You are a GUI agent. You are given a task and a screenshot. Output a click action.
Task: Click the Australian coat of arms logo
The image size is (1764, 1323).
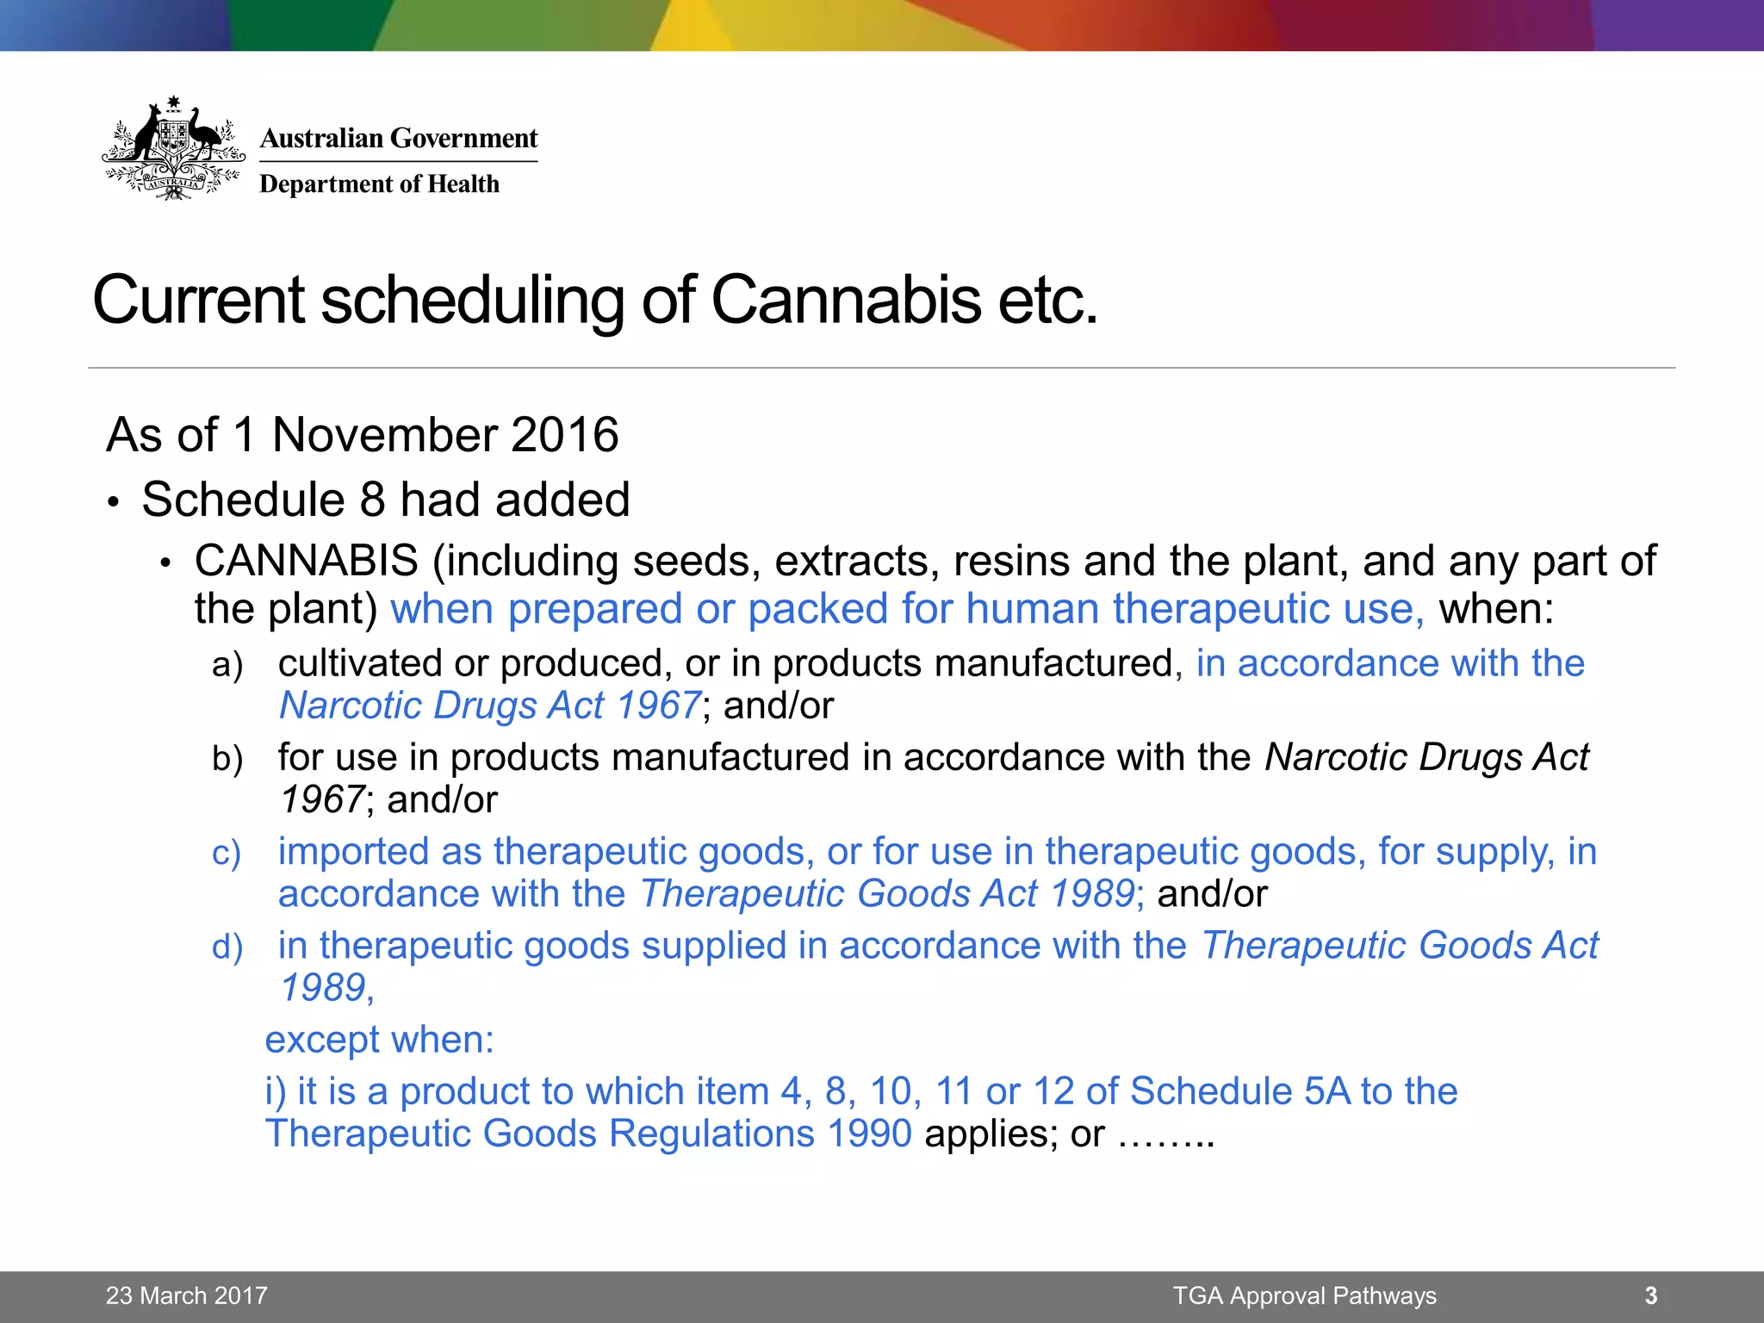tap(173, 148)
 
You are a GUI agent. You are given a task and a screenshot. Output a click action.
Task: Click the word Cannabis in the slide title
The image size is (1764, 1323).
tap(846, 300)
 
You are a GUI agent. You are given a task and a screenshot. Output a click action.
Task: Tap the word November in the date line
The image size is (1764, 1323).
tap(386, 434)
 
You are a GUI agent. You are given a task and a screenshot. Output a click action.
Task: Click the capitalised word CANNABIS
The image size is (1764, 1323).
tap(307, 561)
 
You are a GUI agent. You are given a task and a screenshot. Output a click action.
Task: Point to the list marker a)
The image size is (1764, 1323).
tap(227, 665)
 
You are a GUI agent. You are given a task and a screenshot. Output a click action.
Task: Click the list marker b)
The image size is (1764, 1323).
tap(227, 759)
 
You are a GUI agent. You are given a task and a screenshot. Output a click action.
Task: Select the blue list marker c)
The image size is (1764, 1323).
tap(227, 853)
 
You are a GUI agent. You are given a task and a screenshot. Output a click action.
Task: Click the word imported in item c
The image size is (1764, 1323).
tap(353, 852)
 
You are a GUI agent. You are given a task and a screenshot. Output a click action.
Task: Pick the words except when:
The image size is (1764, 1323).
tap(379, 1040)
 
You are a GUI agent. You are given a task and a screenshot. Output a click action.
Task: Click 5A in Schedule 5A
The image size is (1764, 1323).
tap(1327, 1091)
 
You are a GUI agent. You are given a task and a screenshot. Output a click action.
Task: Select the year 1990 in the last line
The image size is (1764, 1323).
tap(868, 1134)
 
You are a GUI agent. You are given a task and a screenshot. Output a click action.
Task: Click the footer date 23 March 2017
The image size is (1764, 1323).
tap(187, 1295)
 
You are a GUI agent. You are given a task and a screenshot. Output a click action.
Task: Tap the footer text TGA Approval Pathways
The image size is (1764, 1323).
tap(1304, 1295)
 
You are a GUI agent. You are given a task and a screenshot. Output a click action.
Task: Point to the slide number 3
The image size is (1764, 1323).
tap(1650, 1295)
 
